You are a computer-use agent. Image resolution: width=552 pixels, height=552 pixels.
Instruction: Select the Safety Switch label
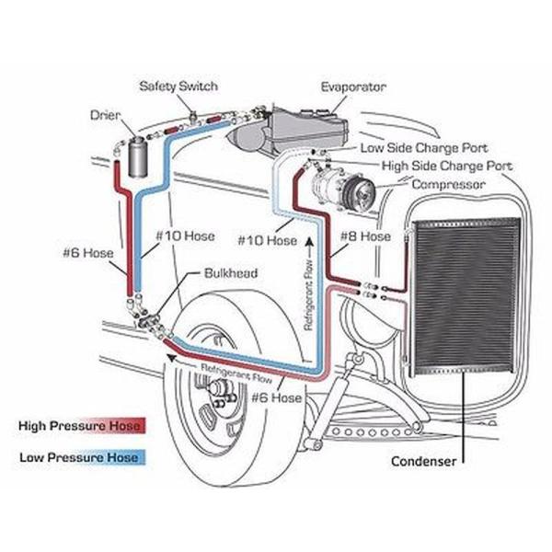coord(178,86)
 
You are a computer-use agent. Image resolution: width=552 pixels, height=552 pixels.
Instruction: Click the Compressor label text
coord(449,185)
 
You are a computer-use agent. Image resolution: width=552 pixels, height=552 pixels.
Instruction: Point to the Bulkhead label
coord(227,273)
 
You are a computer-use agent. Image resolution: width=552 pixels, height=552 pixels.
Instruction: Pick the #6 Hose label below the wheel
coord(275,398)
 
